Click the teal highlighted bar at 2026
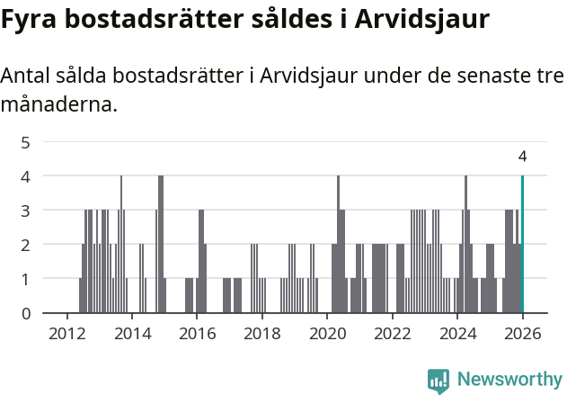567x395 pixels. pyautogui.click(x=522, y=245)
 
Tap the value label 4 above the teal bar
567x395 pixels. pyautogui.click(x=522, y=157)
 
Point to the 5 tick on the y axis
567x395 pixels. pyautogui.click(x=25, y=142)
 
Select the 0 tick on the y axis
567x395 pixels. pyautogui.click(x=25, y=313)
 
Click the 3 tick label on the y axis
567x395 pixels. pyautogui.click(x=25, y=211)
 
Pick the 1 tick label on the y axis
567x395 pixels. pyautogui.click(x=25, y=279)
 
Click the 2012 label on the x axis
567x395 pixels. pyautogui.click(x=67, y=333)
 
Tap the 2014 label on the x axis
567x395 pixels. pyautogui.click(x=132, y=333)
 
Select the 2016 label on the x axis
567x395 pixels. pyautogui.click(x=197, y=333)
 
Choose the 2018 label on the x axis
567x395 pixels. pyautogui.click(x=262, y=333)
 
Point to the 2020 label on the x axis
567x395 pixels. pyautogui.click(x=327, y=333)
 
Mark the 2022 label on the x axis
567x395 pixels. pyautogui.click(x=392, y=333)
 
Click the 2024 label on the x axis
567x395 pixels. pyautogui.click(x=457, y=333)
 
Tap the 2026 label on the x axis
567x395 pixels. pyautogui.click(x=522, y=333)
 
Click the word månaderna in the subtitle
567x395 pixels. pyautogui.click(x=59, y=105)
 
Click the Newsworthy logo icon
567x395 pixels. pyautogui.click(x=439, y=381)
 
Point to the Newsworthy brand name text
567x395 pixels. pyautogui.click(x=509, y=381)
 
